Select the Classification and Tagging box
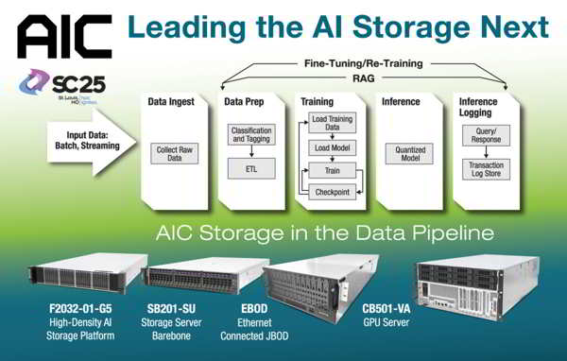click(x=249, y=136)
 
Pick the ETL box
click(x=249, y=171)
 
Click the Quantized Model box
click(x=409, y=154)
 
